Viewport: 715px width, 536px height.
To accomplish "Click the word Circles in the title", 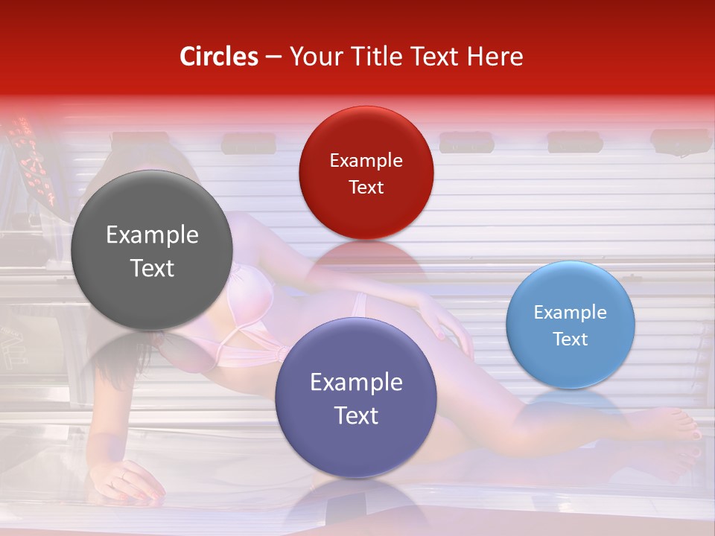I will (x=219, y=57).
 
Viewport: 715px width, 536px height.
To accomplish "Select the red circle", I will (x=366, y=173).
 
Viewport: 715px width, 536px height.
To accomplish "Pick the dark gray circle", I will (x=152, y=250).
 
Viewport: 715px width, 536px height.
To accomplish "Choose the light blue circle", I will (x=571, y=325).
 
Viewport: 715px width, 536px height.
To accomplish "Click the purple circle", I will (x=356, y=398).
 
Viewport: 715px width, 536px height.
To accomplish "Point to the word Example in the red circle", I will (x=366, y=160).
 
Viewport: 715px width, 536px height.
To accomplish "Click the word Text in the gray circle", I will (x=152, y=268).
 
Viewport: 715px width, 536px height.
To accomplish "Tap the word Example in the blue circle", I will (x=571, y=313).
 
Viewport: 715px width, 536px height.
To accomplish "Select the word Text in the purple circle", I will (x=356, y=415).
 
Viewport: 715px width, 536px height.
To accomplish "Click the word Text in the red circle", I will (x=366, y=187).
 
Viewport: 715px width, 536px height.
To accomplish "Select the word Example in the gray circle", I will (x=152, y=235).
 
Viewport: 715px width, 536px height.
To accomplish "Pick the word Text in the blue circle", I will (x=571, y=339).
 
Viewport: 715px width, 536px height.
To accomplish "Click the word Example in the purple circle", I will (x=356, y=383).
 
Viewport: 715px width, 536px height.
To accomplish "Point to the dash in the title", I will (x=273, y=57).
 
